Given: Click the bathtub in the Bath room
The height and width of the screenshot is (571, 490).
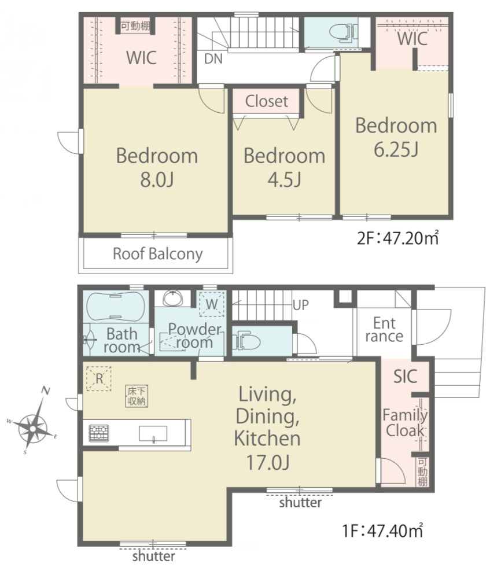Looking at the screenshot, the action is click(x=115, y=306).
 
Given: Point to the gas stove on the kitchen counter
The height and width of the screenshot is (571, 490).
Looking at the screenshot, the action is click(x=99, y=433).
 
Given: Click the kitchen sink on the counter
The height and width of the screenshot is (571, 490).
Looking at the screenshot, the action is click(x=153, y=434).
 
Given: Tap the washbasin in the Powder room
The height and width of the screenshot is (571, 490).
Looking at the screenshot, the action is click(x=173, y=299).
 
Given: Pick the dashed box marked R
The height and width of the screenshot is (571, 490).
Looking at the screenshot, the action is click(x=99, y=379).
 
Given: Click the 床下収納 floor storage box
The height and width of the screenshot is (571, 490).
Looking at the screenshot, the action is click(x=137, y=396).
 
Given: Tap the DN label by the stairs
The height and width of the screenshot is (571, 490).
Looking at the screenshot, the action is click(x=213, y=58).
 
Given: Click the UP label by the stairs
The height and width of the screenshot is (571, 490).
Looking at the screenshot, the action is click(x=301, y=305).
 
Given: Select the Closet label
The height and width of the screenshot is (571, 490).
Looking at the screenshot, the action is click(x=267, y=101).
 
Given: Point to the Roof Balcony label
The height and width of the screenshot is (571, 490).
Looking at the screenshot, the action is click(x=157, y=254).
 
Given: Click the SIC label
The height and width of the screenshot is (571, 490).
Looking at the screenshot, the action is click(x=405, y=377).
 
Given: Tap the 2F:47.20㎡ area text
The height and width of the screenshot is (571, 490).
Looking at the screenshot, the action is click(x=397, y=238).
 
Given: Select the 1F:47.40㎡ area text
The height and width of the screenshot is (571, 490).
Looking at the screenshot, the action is click(x=382, y=531).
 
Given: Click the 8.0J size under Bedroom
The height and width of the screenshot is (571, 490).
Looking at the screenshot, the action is click(x=157, y=179).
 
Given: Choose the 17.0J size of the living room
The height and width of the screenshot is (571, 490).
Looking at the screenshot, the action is click(x=268, y=462).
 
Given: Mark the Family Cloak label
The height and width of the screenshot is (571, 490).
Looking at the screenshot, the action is click(x=405, y=423).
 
